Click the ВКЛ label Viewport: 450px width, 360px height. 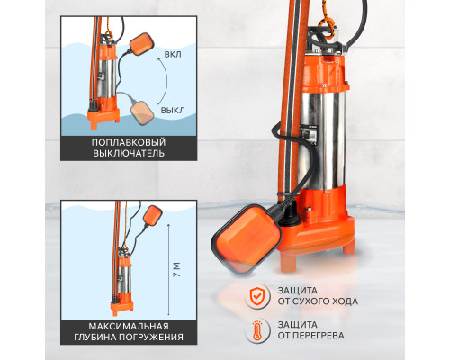173,55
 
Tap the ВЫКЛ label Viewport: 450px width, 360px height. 173,110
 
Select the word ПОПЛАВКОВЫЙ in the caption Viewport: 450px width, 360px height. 129,142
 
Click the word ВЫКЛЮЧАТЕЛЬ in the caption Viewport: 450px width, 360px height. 129,153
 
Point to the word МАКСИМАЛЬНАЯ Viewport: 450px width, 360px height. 129,326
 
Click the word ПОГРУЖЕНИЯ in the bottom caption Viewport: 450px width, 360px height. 151,337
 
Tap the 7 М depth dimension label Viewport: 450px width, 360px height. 177,270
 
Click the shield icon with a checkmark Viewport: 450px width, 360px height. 256,296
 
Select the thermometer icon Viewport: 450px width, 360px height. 256,330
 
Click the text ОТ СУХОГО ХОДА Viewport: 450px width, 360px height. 318,301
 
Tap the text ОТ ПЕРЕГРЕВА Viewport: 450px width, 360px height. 310,335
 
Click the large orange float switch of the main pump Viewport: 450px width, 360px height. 247,238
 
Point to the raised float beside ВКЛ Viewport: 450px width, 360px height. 141,43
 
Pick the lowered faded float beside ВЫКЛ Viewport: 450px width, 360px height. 142,112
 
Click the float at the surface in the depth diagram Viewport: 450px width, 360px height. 152,215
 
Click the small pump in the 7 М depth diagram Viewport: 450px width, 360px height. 123,281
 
